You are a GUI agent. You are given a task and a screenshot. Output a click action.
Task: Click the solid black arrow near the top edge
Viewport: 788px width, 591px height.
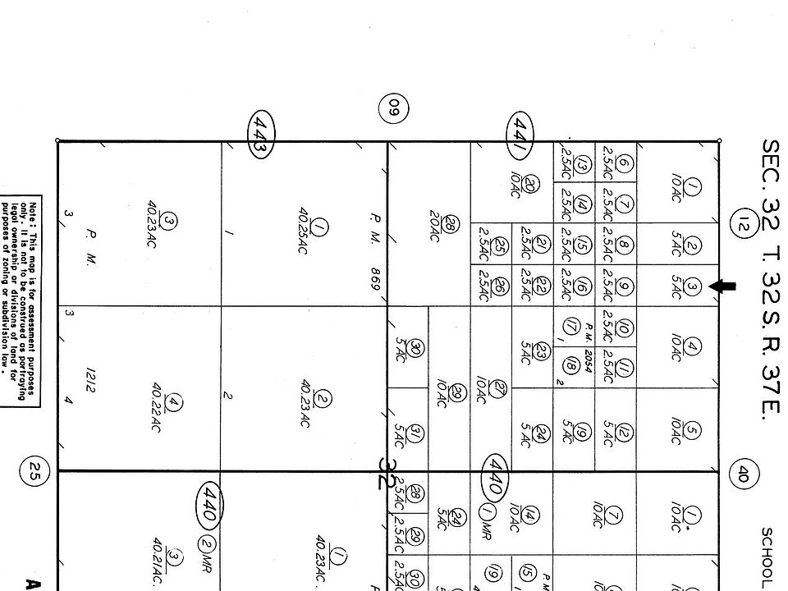[x=723, y=286]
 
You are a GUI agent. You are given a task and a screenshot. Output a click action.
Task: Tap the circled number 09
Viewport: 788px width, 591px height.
[x=393, y=107]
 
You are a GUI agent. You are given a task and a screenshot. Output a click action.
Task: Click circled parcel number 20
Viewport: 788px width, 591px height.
[x=532, y=186]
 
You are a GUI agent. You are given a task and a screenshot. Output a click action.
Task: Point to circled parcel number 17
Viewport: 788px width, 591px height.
[x=566, y=325]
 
